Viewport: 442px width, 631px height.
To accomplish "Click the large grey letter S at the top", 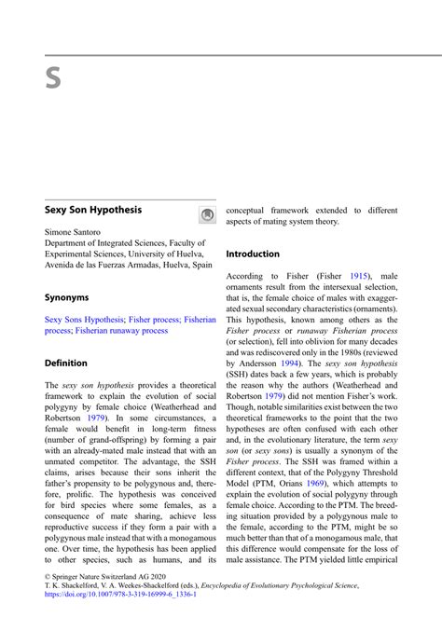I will [53, 78].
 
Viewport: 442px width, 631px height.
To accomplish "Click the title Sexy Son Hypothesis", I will [93, 211].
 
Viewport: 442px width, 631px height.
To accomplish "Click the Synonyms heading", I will [67, 298].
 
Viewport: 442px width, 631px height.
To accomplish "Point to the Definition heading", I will [66, 364].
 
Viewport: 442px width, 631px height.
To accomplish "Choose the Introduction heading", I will [253, 254].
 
